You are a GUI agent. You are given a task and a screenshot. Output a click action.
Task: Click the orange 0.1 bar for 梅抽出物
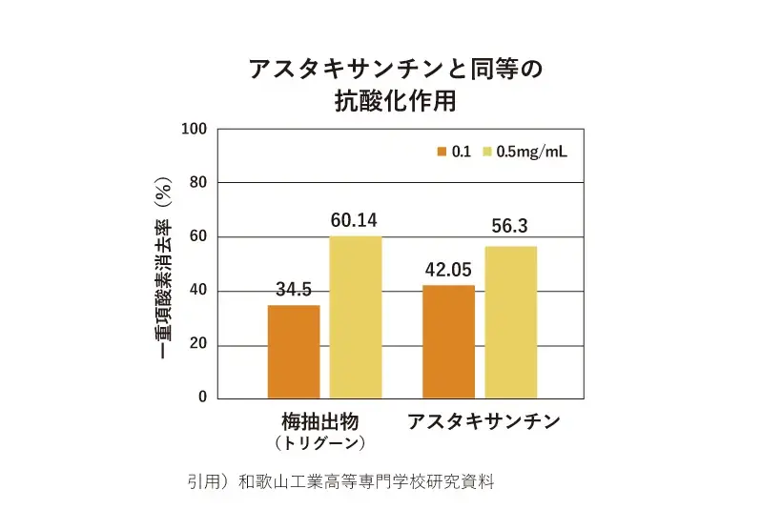point(294,352)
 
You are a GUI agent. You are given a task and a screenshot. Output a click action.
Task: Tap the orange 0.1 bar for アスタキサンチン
point(448,341)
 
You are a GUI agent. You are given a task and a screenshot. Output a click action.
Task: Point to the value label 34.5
point(294,288)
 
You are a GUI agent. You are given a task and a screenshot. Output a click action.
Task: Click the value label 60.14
point(355,220)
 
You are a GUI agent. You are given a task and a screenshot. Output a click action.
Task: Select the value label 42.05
point(448,268)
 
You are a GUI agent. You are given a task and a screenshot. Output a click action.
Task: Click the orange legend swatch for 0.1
point(442,153)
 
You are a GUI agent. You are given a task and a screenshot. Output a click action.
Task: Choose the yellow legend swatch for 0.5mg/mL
point(487,153)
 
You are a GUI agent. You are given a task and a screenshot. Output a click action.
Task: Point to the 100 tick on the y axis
point(195,128)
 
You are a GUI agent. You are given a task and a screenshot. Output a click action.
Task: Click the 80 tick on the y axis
point(197,182)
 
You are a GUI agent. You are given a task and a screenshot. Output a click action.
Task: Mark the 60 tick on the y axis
point(197,236)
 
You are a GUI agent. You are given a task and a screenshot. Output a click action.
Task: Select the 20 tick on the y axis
point(197,344)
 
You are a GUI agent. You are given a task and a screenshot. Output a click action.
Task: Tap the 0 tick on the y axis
point(201,397)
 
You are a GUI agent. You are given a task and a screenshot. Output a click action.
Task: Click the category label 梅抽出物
point(319,421)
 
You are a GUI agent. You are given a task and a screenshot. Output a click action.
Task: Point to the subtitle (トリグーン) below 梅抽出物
point(319,443)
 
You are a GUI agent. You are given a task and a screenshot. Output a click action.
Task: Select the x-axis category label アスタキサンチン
point(483,421)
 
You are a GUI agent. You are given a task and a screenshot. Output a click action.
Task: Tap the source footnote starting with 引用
point(341,480)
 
